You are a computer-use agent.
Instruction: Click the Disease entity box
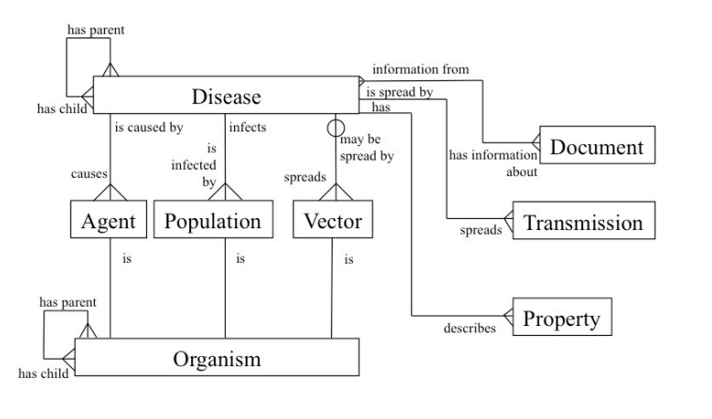(x=227, y=96)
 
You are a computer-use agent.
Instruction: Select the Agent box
(x=109, y=221)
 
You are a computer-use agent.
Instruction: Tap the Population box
(x=212, y=221)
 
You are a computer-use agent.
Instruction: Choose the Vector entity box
(x=332, y=221)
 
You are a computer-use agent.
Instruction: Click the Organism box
(x=217, y=359)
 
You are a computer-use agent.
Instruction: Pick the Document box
(x=597, y=147)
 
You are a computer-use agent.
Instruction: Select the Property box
(x=560, y=319)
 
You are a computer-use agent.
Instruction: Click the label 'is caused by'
(x=148, y=127)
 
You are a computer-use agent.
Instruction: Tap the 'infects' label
(x=248, y=127)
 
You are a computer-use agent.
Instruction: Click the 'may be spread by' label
(x=368, y=149)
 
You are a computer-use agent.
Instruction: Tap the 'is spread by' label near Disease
(x=400, y=92)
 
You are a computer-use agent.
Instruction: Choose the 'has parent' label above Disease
(x=95, y=29)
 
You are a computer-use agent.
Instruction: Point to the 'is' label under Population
(x=239, y=259)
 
